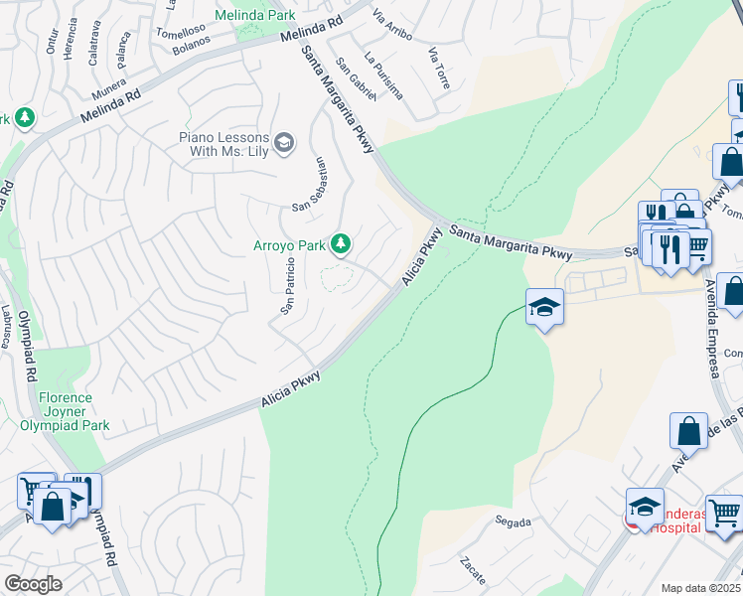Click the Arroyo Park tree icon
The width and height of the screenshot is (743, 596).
pyautogui.click(x=341, y=243)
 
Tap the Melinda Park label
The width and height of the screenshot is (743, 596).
pyautogui.click(x=261, y=16)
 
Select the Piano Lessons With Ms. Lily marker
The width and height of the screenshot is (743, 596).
pyautogui.click(x=284, y=144)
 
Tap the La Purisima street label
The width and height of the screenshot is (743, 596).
pyautogui.click(x=384, y=75)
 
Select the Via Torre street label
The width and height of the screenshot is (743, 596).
pyautogui.click(x=438, y=69)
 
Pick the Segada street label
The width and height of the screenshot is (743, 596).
pyautogui.click(x=514, y=521)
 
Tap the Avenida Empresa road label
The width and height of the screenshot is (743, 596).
pyautogui.click(x=712, y=327)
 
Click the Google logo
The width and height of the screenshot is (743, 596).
pyautogui.click(x=33, y=584)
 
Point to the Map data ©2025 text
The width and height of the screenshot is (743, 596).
pyautogui.click(x=700, y=588)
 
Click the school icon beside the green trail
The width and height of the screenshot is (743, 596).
pyautogui.click(x=544, y=308)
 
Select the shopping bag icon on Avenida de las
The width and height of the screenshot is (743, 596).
pyautogui.click(x=688, y=432)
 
